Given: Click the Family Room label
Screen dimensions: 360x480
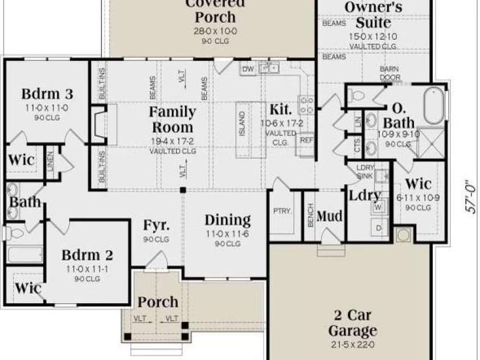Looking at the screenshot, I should (x=172, y=119).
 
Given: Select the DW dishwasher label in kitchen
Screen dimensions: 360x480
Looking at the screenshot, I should (x=248, y=69).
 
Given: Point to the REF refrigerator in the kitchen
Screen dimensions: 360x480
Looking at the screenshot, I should (x=306, y=140).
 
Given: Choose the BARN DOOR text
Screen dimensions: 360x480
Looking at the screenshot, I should (x=389, y=73).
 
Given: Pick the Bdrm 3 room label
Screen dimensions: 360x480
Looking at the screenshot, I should (x=47, y=93).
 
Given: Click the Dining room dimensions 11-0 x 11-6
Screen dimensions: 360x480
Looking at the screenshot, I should (x=227, y=235).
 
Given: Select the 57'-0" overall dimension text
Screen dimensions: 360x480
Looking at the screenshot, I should (x=470, y=197).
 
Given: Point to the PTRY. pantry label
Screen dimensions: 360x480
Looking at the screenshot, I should (x=282, y=211).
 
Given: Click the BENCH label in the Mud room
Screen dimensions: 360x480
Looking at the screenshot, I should (x=311, y=216).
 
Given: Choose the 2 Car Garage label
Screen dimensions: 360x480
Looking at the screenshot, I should (x=352, y=322).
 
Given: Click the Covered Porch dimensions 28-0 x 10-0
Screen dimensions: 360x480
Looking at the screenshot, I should (x=215, y=31).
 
